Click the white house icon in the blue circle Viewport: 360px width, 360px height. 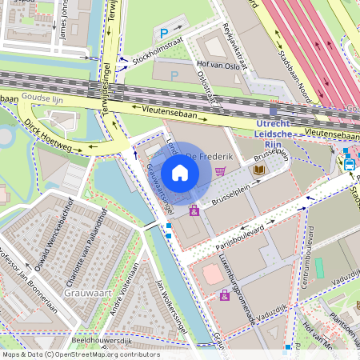click(x=180, y=173)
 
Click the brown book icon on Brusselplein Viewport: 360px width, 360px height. click(x=259, y=170)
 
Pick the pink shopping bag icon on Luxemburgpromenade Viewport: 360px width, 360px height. click(x=225, y=295)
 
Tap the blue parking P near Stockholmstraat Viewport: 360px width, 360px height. click(x=165, y=34)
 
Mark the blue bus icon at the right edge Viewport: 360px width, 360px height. click(x=350, y=164)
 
